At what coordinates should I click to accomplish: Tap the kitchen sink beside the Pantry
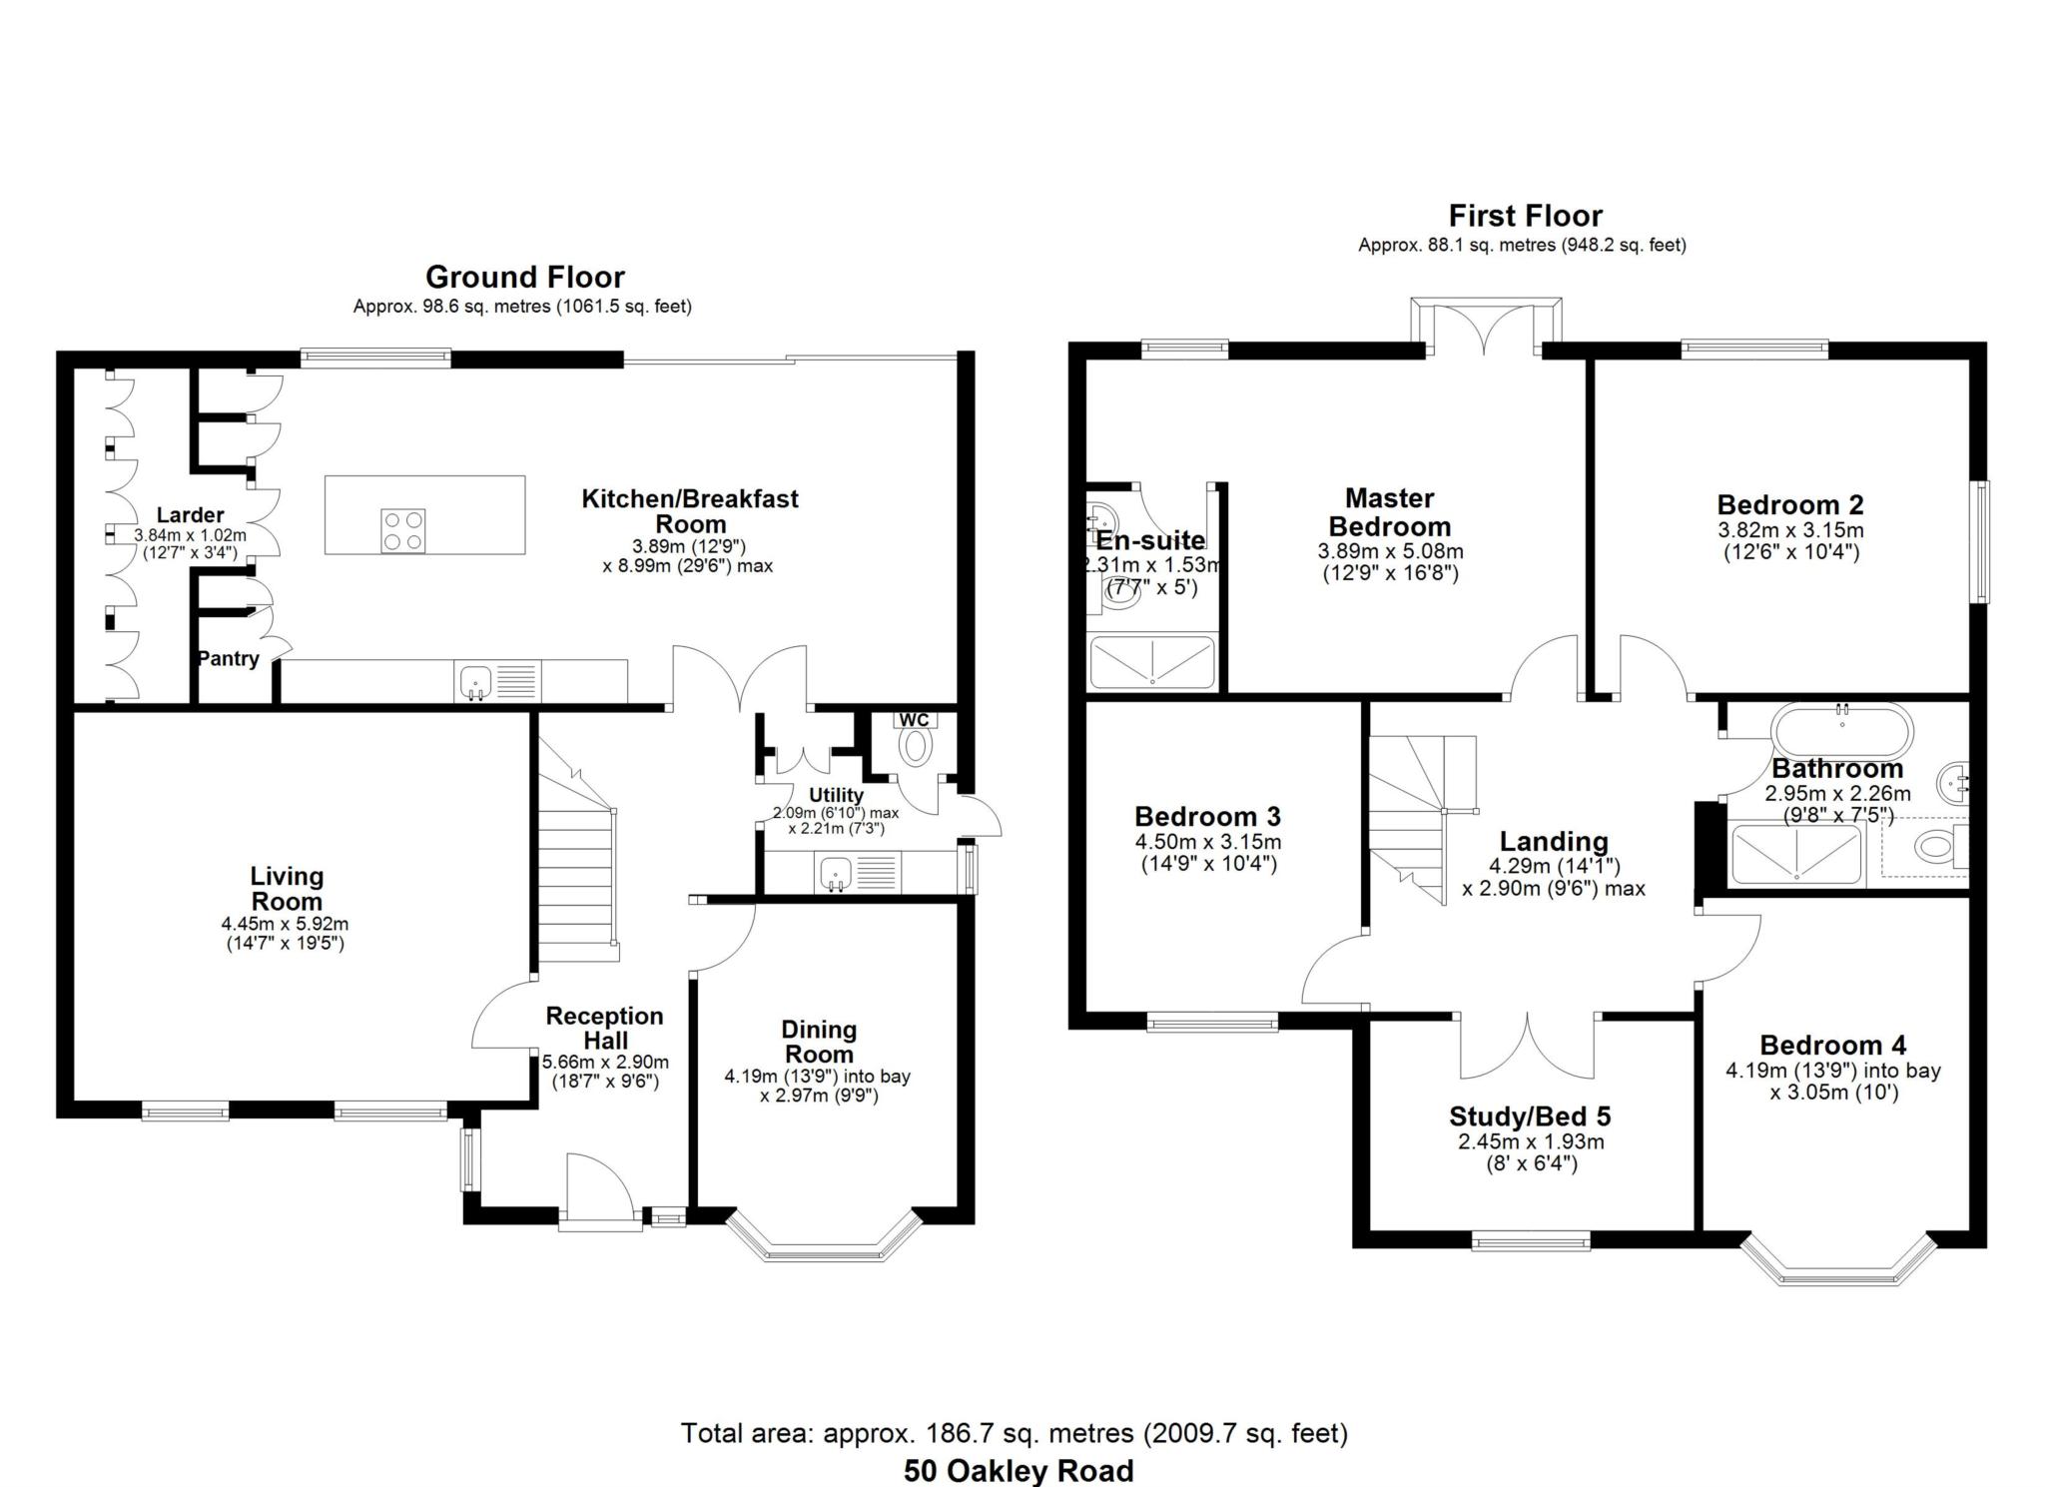tap(476, 682)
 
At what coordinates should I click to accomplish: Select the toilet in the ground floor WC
tap(915, 746)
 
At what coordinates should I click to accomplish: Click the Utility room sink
tap(835, 874)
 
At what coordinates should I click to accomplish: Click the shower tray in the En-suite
tap(1153, 661)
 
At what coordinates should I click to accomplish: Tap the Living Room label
tap(287, 889)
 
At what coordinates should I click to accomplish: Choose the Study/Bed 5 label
tap(1530, 1116)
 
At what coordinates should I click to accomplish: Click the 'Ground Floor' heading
tap(525, 277)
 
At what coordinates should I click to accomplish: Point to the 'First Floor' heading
tap(1525, 216)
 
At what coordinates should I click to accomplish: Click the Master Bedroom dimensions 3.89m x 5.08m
tap(1390, 551)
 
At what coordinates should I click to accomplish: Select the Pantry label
tap(228, 659)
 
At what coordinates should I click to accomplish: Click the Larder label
tap(190, 515)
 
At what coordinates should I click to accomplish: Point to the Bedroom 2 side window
tap(1979, 541)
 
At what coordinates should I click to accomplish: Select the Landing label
tap(1554, 842)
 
